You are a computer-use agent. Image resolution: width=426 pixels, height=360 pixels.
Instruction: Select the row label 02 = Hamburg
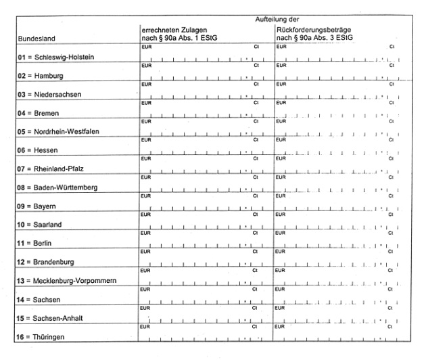pyautogui.click(x=40, y=76)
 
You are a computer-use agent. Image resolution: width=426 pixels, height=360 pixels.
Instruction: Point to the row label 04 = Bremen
pyautogui.click(x=39, y=113)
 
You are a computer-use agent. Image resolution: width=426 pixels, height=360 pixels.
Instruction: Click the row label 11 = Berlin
pyautogui.click(x=37, y=242)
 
